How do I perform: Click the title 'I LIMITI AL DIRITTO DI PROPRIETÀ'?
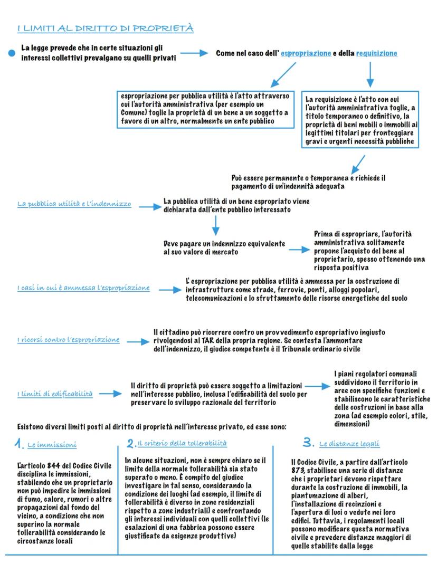click(105, 28)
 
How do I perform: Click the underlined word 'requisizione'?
click(376, 53)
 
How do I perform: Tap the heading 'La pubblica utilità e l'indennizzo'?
click(74, 204)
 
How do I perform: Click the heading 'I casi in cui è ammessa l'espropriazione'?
click(83, 288)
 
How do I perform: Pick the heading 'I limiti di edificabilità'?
click(55, 394)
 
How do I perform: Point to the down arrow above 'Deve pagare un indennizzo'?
click(215, 225)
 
